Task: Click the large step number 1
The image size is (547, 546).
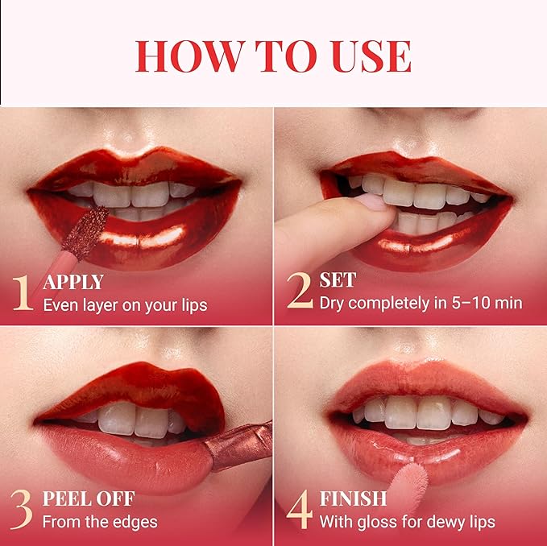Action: point(23,293)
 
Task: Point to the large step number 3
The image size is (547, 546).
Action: point(23,510)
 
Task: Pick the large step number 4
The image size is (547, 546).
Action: point(300,510)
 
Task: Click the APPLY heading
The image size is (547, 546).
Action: point(73,283)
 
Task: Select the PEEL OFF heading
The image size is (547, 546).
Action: point(89,498)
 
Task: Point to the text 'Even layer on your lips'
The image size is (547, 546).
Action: point(125,305)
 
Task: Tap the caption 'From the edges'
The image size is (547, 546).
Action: point(100,521)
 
